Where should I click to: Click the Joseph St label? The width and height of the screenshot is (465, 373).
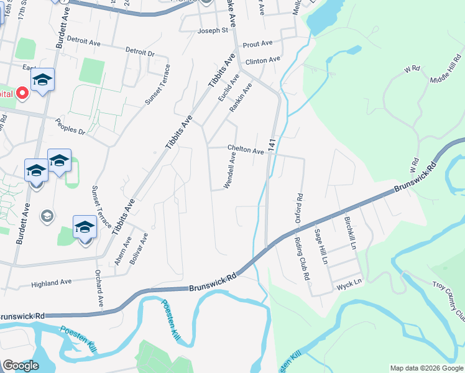coord(213,30)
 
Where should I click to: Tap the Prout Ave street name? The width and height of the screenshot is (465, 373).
coord(258,44)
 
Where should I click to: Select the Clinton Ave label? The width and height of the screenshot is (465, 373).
coord(263,60)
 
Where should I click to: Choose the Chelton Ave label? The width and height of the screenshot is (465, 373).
coord(246,150)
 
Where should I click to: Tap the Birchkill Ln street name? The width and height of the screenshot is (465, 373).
coord(349,233)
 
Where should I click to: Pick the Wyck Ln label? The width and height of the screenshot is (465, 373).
coord(349,283)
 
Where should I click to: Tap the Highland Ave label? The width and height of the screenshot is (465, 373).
coord(52,282)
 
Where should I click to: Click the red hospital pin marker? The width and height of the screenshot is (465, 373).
coord(22,93)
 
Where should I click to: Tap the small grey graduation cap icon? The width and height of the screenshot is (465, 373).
coord(46,216)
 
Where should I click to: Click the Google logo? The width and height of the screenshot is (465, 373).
coord(21,366)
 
